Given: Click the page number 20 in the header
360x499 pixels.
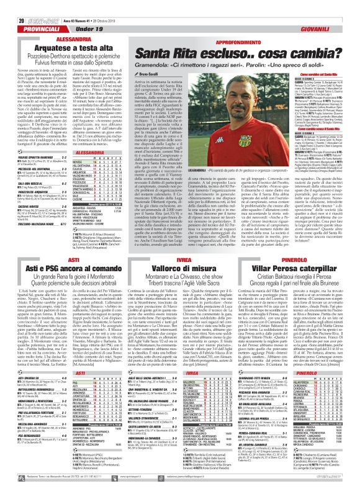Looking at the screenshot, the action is tap(13, 4).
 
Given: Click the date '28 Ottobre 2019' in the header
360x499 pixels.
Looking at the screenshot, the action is tap(99, 4).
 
